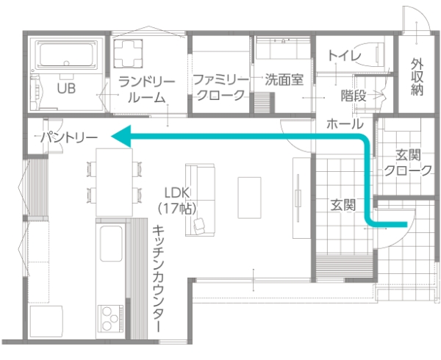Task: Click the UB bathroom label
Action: pos(66,88)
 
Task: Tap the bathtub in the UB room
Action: pos(66,54)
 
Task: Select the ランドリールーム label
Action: pos(146,90)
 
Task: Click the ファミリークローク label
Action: pos(220,87)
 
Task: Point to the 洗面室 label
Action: pos(284,80)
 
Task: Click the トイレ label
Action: pos(345,56)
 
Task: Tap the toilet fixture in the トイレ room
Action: pos(367,54)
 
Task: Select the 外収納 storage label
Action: pos(417,76)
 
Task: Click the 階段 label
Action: pos(354,96)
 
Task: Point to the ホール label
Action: pos(345,123)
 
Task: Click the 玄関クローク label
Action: pos(408,162)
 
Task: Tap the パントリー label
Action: pos(69,137)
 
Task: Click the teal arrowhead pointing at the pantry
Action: pos(121,137)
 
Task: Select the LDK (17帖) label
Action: pos(177,201)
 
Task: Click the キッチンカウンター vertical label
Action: pos(157,278)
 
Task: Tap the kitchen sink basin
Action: pos(111,243)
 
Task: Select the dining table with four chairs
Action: pos(114,182)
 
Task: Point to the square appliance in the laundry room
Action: pos(128,54)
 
